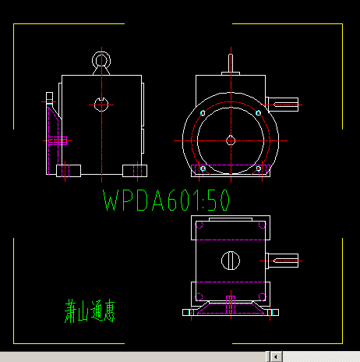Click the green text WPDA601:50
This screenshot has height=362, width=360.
tap(166, 201)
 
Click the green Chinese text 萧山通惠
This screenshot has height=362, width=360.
tap(90, 311)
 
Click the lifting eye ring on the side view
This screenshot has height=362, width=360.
tap(100, 60)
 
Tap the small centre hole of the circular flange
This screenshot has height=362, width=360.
tap(230, 140)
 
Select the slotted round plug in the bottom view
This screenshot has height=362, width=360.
tap(230, 260)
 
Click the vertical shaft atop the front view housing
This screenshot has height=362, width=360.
tap(230, 62)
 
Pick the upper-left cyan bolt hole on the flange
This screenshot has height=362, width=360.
tap(203, 114)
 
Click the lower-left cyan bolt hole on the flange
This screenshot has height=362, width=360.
tap(203, 168)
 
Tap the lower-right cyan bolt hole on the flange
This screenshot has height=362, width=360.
tap(258, 168)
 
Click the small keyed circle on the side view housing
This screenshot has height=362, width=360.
tap(100, 103)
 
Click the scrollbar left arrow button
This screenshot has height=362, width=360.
tap(275, 356)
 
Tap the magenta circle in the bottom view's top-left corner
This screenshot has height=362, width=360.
tap(199, 226)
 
